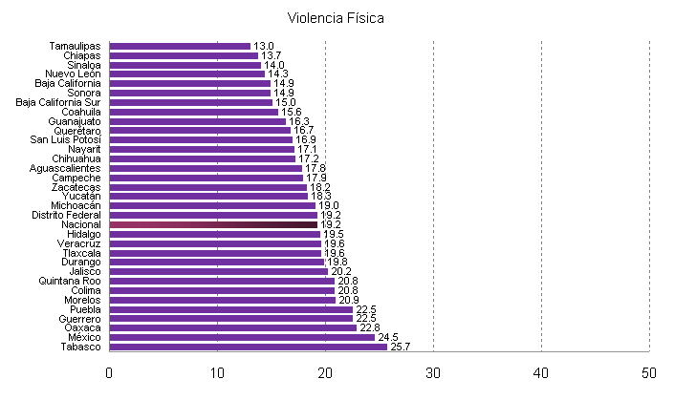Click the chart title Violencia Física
tap(336, 18)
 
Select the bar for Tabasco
tap(249, 347)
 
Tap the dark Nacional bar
tap(213, 224)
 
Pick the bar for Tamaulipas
tap(180, 46)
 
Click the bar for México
tap(242, 337)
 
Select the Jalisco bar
tap(219, 271)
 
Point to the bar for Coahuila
tap(194, 112)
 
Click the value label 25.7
tap(401, 347)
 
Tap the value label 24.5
tap(387, 337)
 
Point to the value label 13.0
tap(264, 46)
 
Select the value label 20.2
tap(341, 271)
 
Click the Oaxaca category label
tap(80, 327)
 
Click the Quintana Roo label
tap(73, 281)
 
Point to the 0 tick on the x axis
tap(110, 372)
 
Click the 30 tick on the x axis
tap(433, 372)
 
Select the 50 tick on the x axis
tap(649, 372)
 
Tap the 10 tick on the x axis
tap(217, 372)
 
